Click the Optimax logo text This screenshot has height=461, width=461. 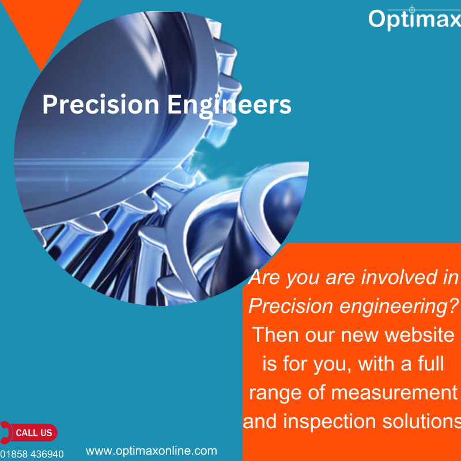click(x=414, y=18)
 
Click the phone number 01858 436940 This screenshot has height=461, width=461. click(x=32, y=454)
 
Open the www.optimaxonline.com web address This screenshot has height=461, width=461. click(x=152, y=451)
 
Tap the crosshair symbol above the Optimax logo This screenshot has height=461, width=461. click(x=411, y=9)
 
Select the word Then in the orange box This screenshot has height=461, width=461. click(x=275, y=335)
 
